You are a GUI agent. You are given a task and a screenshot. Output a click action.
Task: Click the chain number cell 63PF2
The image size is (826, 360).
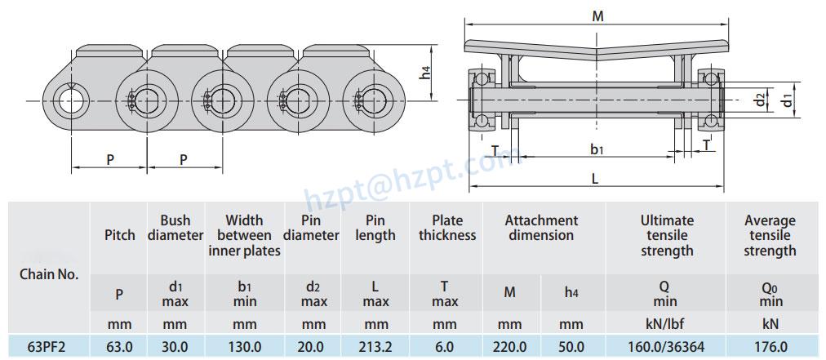pos(47,346)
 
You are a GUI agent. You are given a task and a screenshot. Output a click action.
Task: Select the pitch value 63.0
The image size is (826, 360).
pos(120,346)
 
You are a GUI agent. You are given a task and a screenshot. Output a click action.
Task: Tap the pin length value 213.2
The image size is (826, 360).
pos(375,346)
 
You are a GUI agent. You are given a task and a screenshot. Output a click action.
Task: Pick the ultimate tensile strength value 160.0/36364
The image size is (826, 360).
pos(666,346)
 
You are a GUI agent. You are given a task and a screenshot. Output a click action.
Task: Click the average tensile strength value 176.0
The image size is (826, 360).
pos(769,346)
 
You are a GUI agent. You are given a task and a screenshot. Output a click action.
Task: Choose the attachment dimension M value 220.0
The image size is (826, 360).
pos(510,346)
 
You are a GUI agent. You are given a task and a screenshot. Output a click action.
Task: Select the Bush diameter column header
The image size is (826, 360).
pos(175,228)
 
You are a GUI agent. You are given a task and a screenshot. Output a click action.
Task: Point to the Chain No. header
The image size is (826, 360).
pos(49,274)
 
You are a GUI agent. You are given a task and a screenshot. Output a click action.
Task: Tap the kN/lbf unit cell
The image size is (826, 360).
pos(666,324)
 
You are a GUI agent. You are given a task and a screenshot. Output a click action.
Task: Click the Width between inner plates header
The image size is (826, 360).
pos(244,235)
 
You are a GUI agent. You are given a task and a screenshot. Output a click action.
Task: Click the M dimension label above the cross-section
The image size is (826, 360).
pos(598,16)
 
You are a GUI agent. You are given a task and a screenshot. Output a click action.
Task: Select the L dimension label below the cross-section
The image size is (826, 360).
pos(595,178)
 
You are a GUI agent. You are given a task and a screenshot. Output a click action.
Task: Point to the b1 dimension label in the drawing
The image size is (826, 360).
pos(597,149)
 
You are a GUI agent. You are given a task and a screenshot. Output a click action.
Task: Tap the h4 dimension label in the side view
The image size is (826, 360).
pos(425,73)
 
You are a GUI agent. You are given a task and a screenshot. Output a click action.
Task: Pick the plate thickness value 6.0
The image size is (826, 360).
pos(444,346)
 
